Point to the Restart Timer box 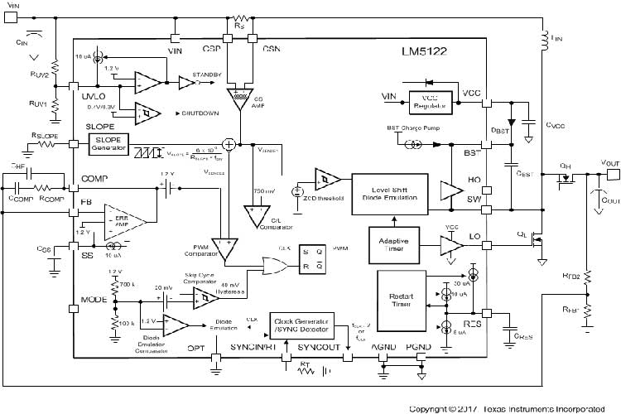402,297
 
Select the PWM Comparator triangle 224,247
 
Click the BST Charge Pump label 411,130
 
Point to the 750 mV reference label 263,191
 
